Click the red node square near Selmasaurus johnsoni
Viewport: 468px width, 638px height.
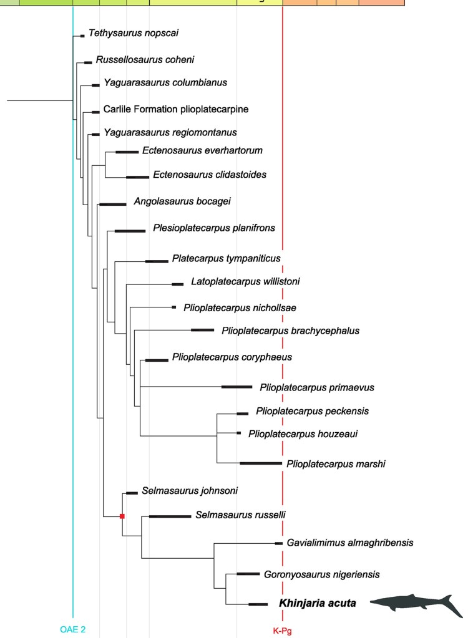123,516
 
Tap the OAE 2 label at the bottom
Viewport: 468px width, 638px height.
72,630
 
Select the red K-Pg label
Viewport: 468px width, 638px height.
282,631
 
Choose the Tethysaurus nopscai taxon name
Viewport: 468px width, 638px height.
129,33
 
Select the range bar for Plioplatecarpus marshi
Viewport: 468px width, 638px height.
261,463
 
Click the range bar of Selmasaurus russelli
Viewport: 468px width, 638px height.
170,516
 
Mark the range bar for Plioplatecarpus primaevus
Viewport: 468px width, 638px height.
236,387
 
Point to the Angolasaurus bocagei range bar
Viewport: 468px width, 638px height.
112,203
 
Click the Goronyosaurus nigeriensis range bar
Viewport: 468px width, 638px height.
248,573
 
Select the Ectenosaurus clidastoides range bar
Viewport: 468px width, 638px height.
137,177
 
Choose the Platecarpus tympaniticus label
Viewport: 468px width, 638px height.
227,258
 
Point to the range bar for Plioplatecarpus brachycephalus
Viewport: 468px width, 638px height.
202,330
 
